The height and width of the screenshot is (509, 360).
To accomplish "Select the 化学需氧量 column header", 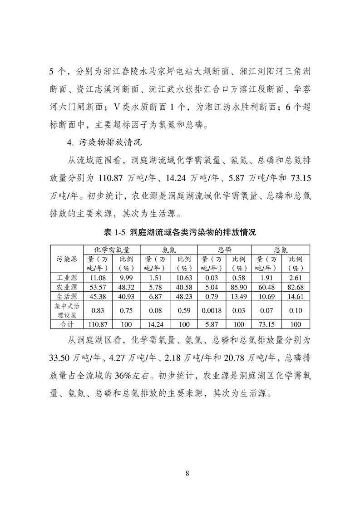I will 112,250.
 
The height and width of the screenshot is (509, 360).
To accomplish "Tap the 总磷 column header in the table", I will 224,250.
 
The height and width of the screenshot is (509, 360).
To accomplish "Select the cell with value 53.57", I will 98,287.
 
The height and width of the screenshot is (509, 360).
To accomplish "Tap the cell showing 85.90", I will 238,287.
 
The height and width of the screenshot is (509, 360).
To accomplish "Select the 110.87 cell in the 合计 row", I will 98,324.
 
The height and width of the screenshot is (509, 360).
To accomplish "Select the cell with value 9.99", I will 126,277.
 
